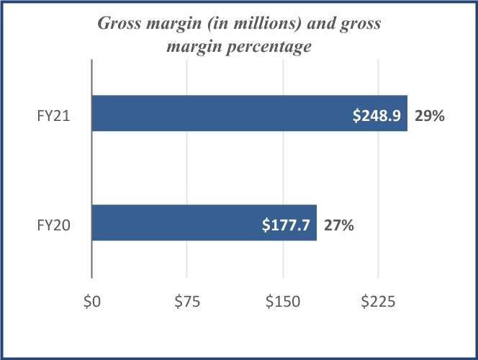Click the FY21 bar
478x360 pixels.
point(216,114)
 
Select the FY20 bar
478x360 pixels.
point(173,223)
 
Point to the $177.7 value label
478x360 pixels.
point(287,225)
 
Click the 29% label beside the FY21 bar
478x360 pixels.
point(428,114)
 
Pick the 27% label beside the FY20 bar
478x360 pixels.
point(338,225)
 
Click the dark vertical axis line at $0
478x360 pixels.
point(91,173)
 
